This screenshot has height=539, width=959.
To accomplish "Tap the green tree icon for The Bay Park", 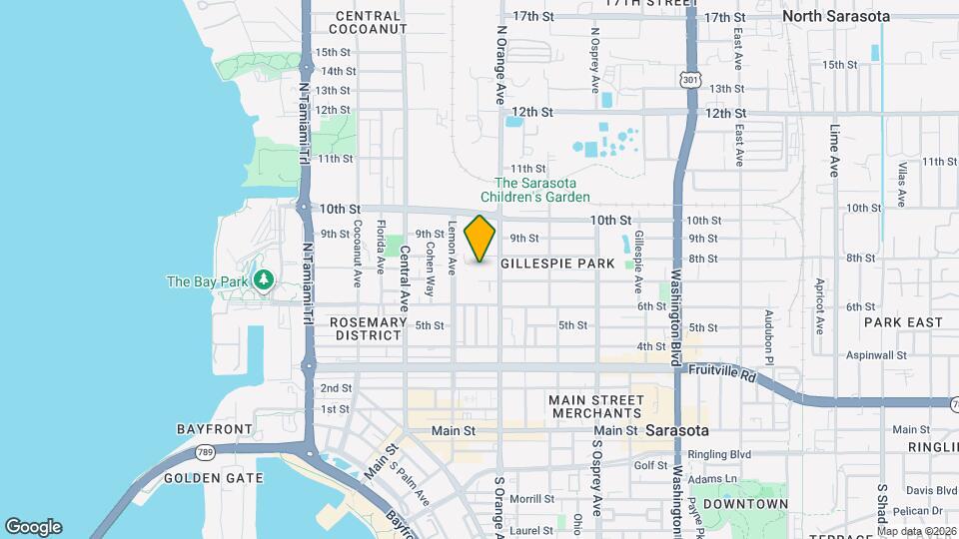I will [264, 280].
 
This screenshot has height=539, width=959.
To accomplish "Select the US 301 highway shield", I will [689, 78].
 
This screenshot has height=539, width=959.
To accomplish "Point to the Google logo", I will [33, 527].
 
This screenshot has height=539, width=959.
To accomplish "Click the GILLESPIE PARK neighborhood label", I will [556, 264].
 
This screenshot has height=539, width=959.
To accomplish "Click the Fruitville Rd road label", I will [721, 369].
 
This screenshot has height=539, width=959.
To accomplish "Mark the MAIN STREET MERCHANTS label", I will [595, 406].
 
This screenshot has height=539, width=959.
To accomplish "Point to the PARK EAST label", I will [903, 322].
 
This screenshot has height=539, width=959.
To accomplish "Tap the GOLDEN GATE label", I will [213, 478].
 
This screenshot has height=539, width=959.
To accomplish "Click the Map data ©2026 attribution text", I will [912, 530].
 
